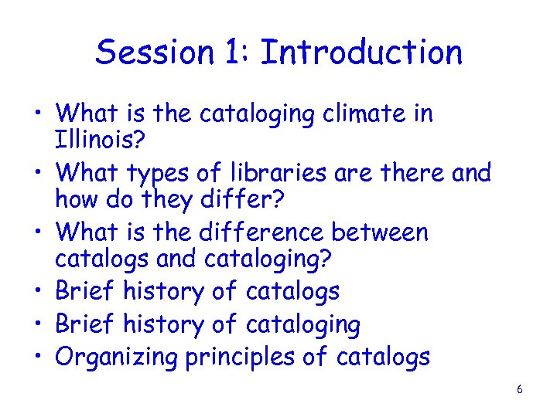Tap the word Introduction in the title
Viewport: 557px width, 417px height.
361,53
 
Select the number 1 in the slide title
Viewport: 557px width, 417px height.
236,53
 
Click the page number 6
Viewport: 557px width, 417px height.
519,389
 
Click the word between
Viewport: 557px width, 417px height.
380,232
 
